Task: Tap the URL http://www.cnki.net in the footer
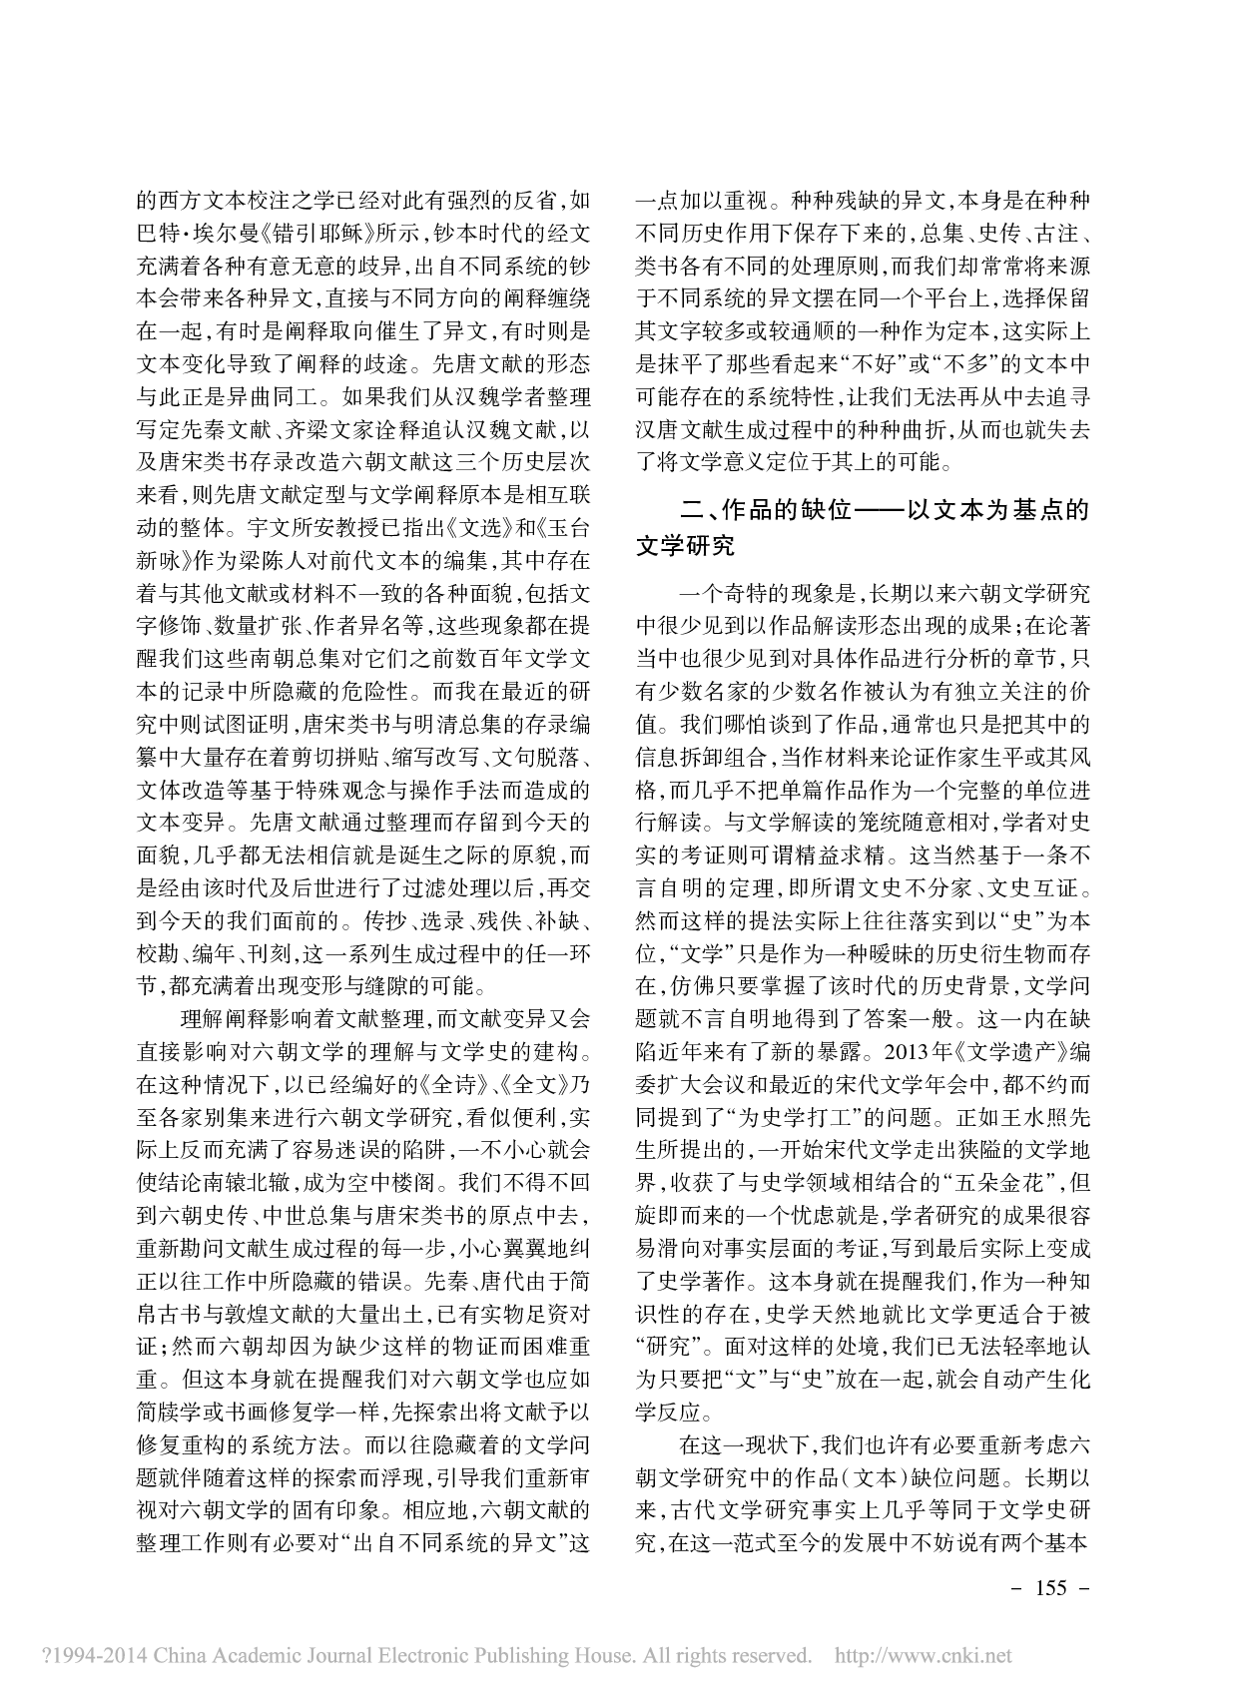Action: coord(923,1655)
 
